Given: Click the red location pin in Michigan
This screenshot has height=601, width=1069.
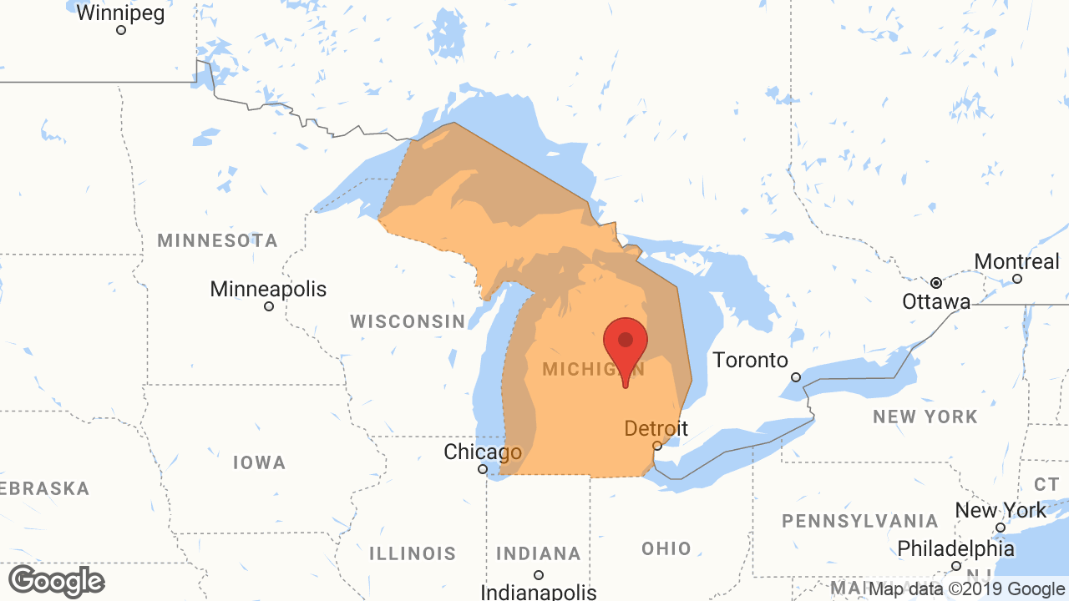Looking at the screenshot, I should tap(626, 342).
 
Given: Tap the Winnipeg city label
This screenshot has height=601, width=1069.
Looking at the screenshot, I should tap(120, 13).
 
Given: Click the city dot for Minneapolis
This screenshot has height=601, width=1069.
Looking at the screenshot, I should tap(269, 306).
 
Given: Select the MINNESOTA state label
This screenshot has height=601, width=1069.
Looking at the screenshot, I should tap(217, 240).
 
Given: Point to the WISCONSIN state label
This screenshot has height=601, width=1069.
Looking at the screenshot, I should tap(408, 321).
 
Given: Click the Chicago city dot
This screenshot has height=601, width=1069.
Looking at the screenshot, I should tap(482, 469).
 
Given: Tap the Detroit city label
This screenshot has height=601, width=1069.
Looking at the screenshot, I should tap(656, 428).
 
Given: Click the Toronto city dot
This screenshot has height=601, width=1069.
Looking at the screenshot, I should tap(796, 377).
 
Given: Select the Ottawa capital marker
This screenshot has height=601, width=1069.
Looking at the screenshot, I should tap(936, 282).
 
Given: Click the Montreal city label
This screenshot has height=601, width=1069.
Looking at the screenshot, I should tap(1016, 261).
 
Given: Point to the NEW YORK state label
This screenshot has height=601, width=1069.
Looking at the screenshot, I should tap(925, 417).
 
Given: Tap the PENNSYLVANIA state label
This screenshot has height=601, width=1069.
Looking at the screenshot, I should tap(860, 521).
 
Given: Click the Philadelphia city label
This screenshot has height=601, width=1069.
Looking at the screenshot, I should tap(955, 548).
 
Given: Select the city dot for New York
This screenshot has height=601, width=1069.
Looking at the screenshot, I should tap(1001, 528).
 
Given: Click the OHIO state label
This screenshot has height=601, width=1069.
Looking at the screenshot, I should tap(666, 548).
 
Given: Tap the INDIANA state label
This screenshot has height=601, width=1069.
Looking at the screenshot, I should tap(539, 553).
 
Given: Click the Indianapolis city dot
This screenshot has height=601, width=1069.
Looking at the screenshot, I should tap(539, 574).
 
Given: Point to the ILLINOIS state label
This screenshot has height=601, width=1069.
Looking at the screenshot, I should tap(413, 553).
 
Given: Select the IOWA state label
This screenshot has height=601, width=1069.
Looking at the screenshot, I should tap(259, 462).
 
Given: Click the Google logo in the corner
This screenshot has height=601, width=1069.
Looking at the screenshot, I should tap(56, 581).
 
